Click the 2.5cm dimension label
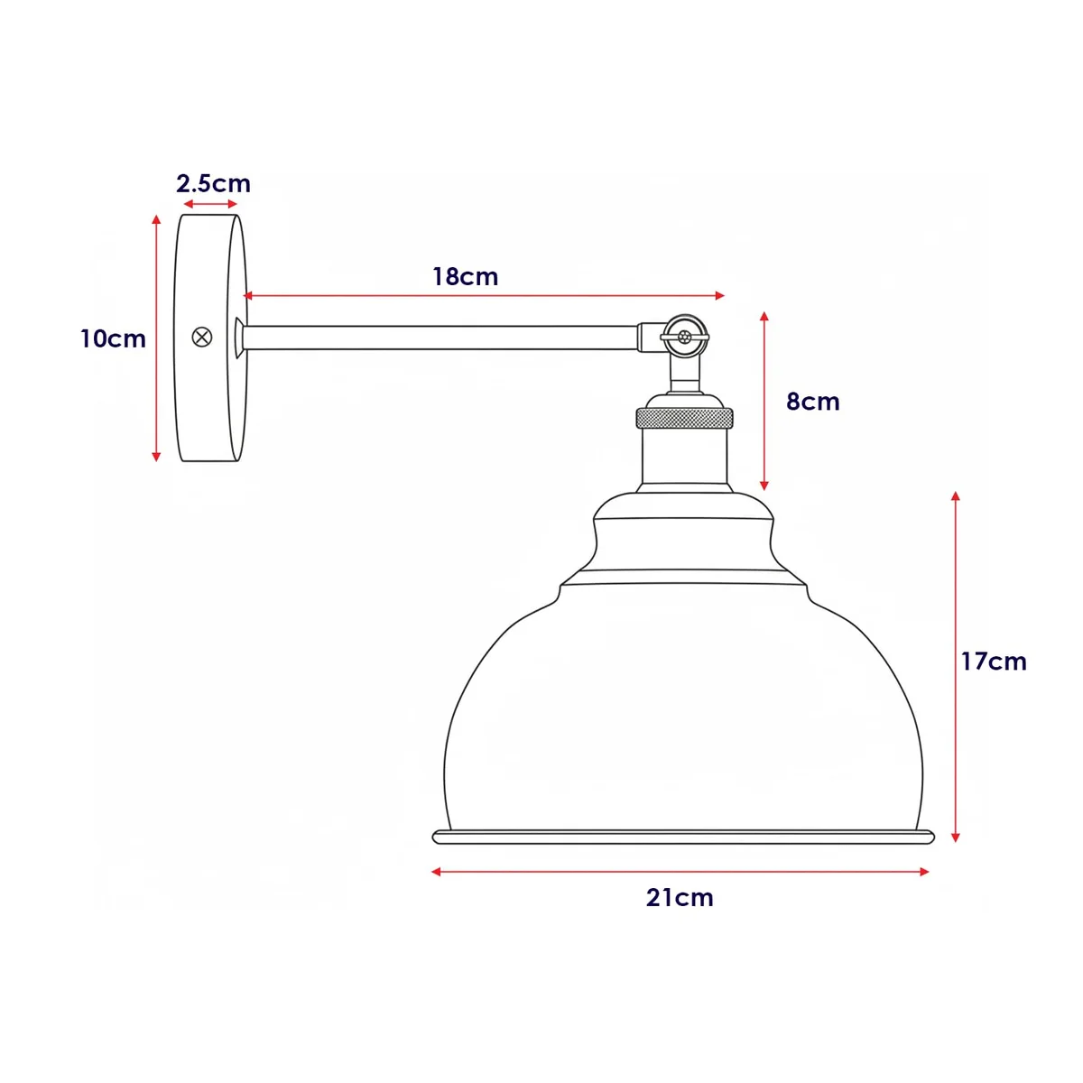213,183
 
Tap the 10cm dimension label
113,338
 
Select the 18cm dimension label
465,276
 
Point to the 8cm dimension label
812,401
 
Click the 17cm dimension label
993,661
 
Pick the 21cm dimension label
680,897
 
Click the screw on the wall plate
202,338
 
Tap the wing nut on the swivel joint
684,337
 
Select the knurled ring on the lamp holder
684,418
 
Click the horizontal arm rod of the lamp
442,338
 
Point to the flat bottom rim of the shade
683,838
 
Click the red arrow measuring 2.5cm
209,206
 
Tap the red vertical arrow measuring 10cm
156,338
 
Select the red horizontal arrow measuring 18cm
485,295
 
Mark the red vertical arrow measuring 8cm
764,401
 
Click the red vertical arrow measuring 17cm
955,666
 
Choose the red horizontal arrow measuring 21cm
680,872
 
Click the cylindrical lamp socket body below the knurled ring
685,456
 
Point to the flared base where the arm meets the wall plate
239,338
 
